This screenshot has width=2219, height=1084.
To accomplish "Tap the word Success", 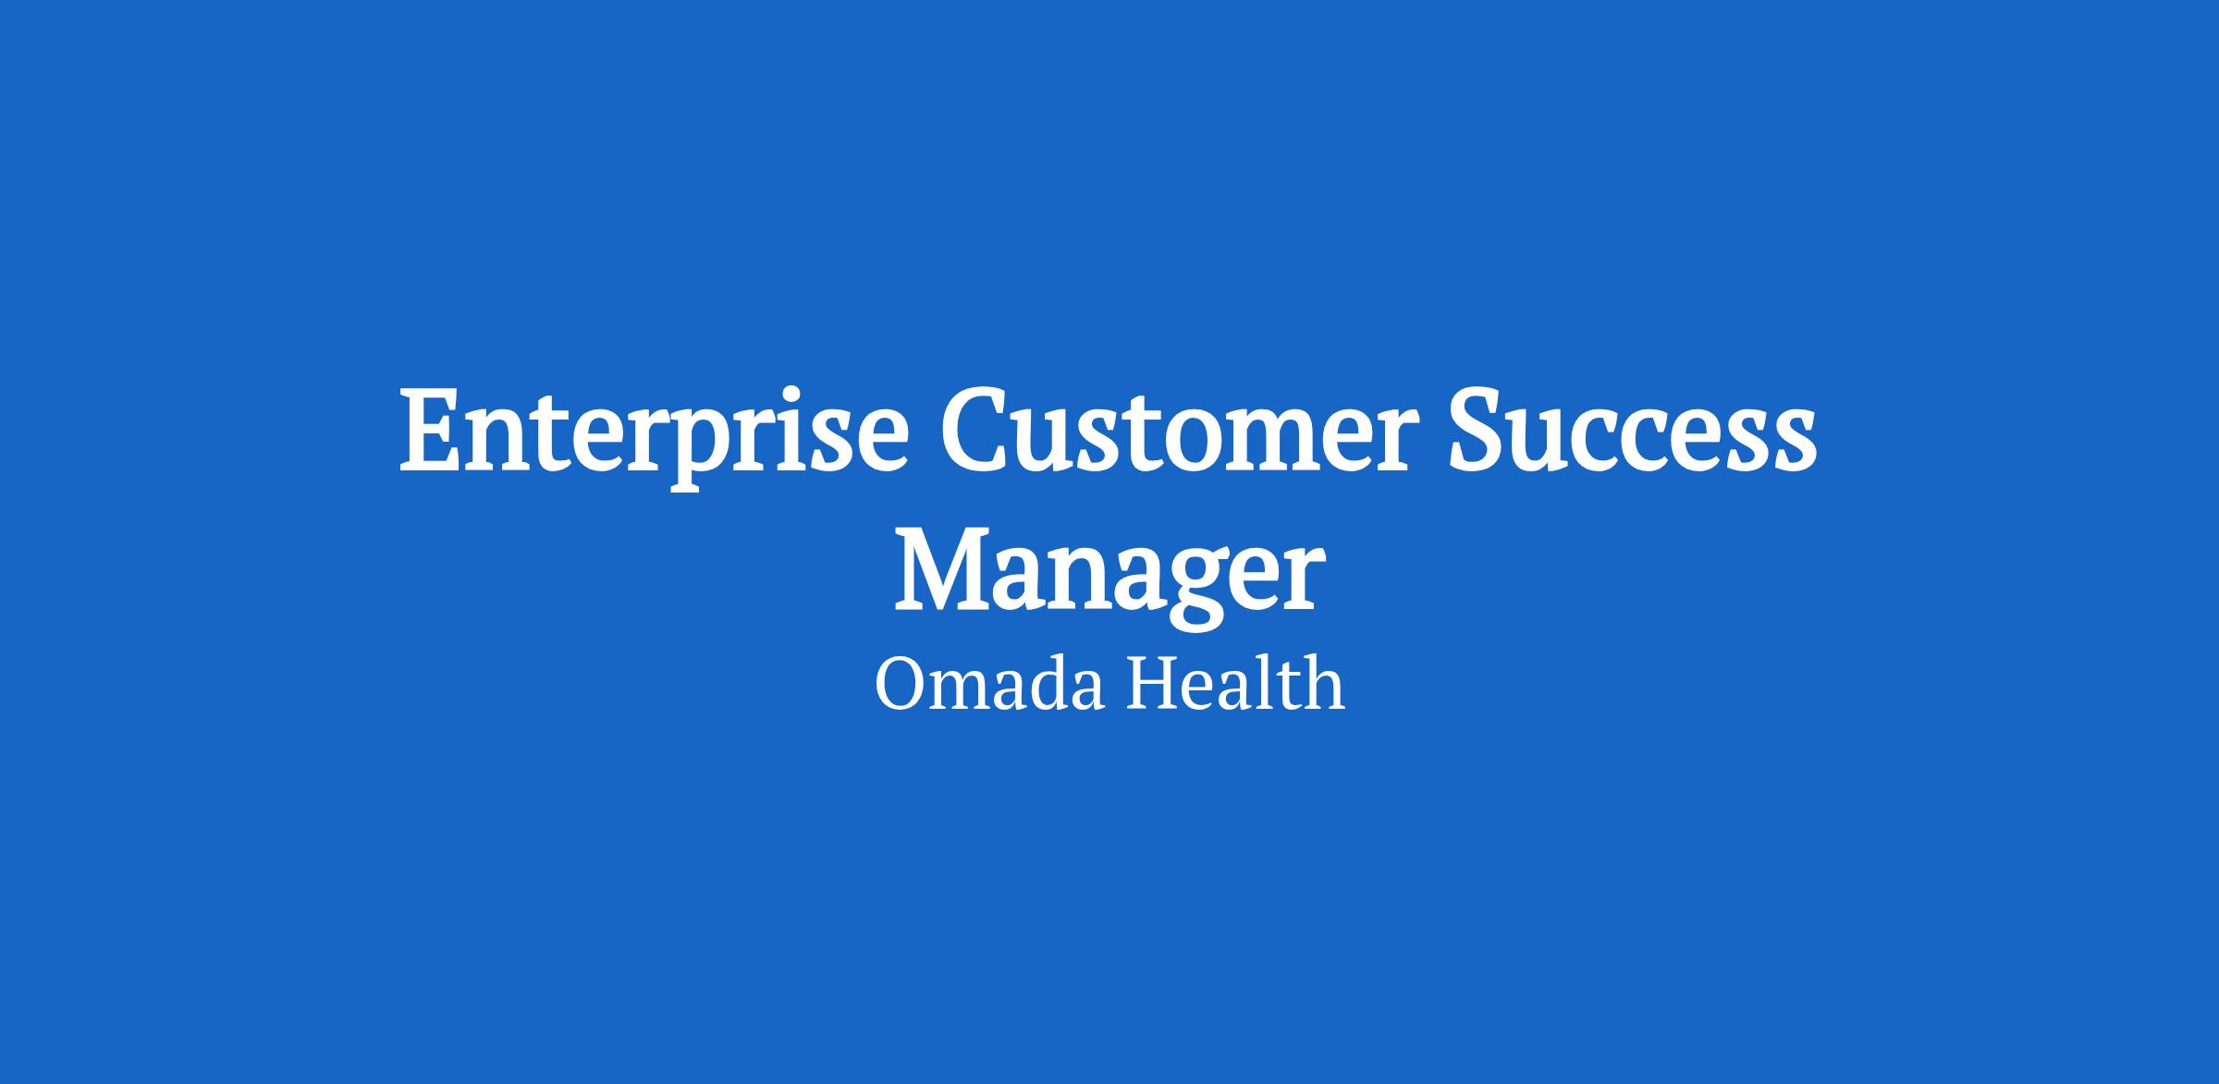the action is pos(1632,432).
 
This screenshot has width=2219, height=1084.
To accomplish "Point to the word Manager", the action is pos(1109,577).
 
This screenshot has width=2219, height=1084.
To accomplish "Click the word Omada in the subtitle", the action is pos(989,685).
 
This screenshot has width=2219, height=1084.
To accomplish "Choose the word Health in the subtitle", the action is pos(1235,683).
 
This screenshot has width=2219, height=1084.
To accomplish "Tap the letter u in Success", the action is pos(1554,445).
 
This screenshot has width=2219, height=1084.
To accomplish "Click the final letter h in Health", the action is pos(1322,683).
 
